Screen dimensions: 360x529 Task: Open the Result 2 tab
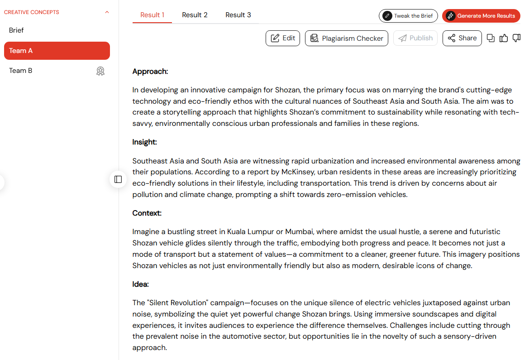pos(195,15)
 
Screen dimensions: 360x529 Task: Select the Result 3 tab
pos(238,15)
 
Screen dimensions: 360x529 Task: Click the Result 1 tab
pos(152,15)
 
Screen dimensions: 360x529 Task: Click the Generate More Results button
pos(481,16)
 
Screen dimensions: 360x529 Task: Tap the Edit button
pos(283,38)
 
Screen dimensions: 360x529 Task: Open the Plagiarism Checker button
pos(347,38)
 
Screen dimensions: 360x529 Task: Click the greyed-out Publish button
pos(415,38)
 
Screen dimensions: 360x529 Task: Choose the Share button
pos(462,38)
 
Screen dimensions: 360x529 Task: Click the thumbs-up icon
pos(504,38)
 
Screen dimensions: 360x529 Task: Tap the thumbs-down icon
pos(516,38)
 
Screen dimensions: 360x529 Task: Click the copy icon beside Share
pos(491,38)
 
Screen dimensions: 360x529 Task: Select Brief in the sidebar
pos(16,30)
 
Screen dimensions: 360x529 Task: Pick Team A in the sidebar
pos(57,51)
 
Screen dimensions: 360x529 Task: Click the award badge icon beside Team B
pos(100,71)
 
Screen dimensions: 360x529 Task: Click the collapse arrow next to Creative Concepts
pos(107,12)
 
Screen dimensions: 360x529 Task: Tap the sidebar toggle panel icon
pos(118,179)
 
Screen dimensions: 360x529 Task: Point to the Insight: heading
pos(145,142)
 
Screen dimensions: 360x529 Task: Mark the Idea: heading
pos(141,284)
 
